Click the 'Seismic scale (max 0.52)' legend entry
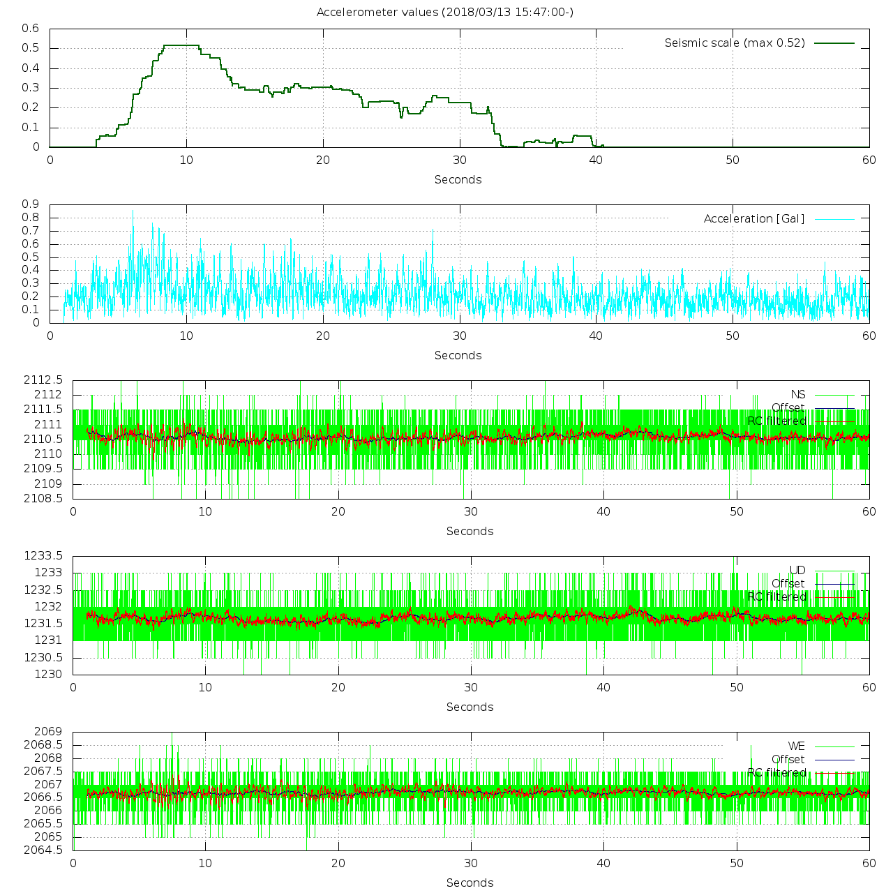click(x=735, y=43)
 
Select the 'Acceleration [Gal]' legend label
click(x=753, y=219)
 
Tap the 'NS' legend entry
click(x=797, y=395)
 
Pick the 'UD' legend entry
click(x=797, y=571)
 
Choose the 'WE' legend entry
click(x=797, y=746)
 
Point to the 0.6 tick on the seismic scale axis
click(x=31, y=29)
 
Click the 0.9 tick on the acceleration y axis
click(x=31, y=204)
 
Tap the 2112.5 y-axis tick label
click(x=43, y=380)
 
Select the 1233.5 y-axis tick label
click(x=43, y=556)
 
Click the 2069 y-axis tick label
click(x=48, y=732)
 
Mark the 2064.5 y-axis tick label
click(x=43, y=850)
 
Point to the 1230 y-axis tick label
click(x=48, y=674)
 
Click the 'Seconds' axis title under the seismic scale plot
click(x=458, y=180)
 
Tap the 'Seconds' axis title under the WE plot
click(x=470, y=883)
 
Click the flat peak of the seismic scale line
click(x=181, y=45)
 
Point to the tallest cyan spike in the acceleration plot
click(x=133, y=212)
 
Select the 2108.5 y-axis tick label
click(x=43, y=498)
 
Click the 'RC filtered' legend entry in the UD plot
click(x=776, y=597)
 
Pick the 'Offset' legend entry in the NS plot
click(x=788, y=408)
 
